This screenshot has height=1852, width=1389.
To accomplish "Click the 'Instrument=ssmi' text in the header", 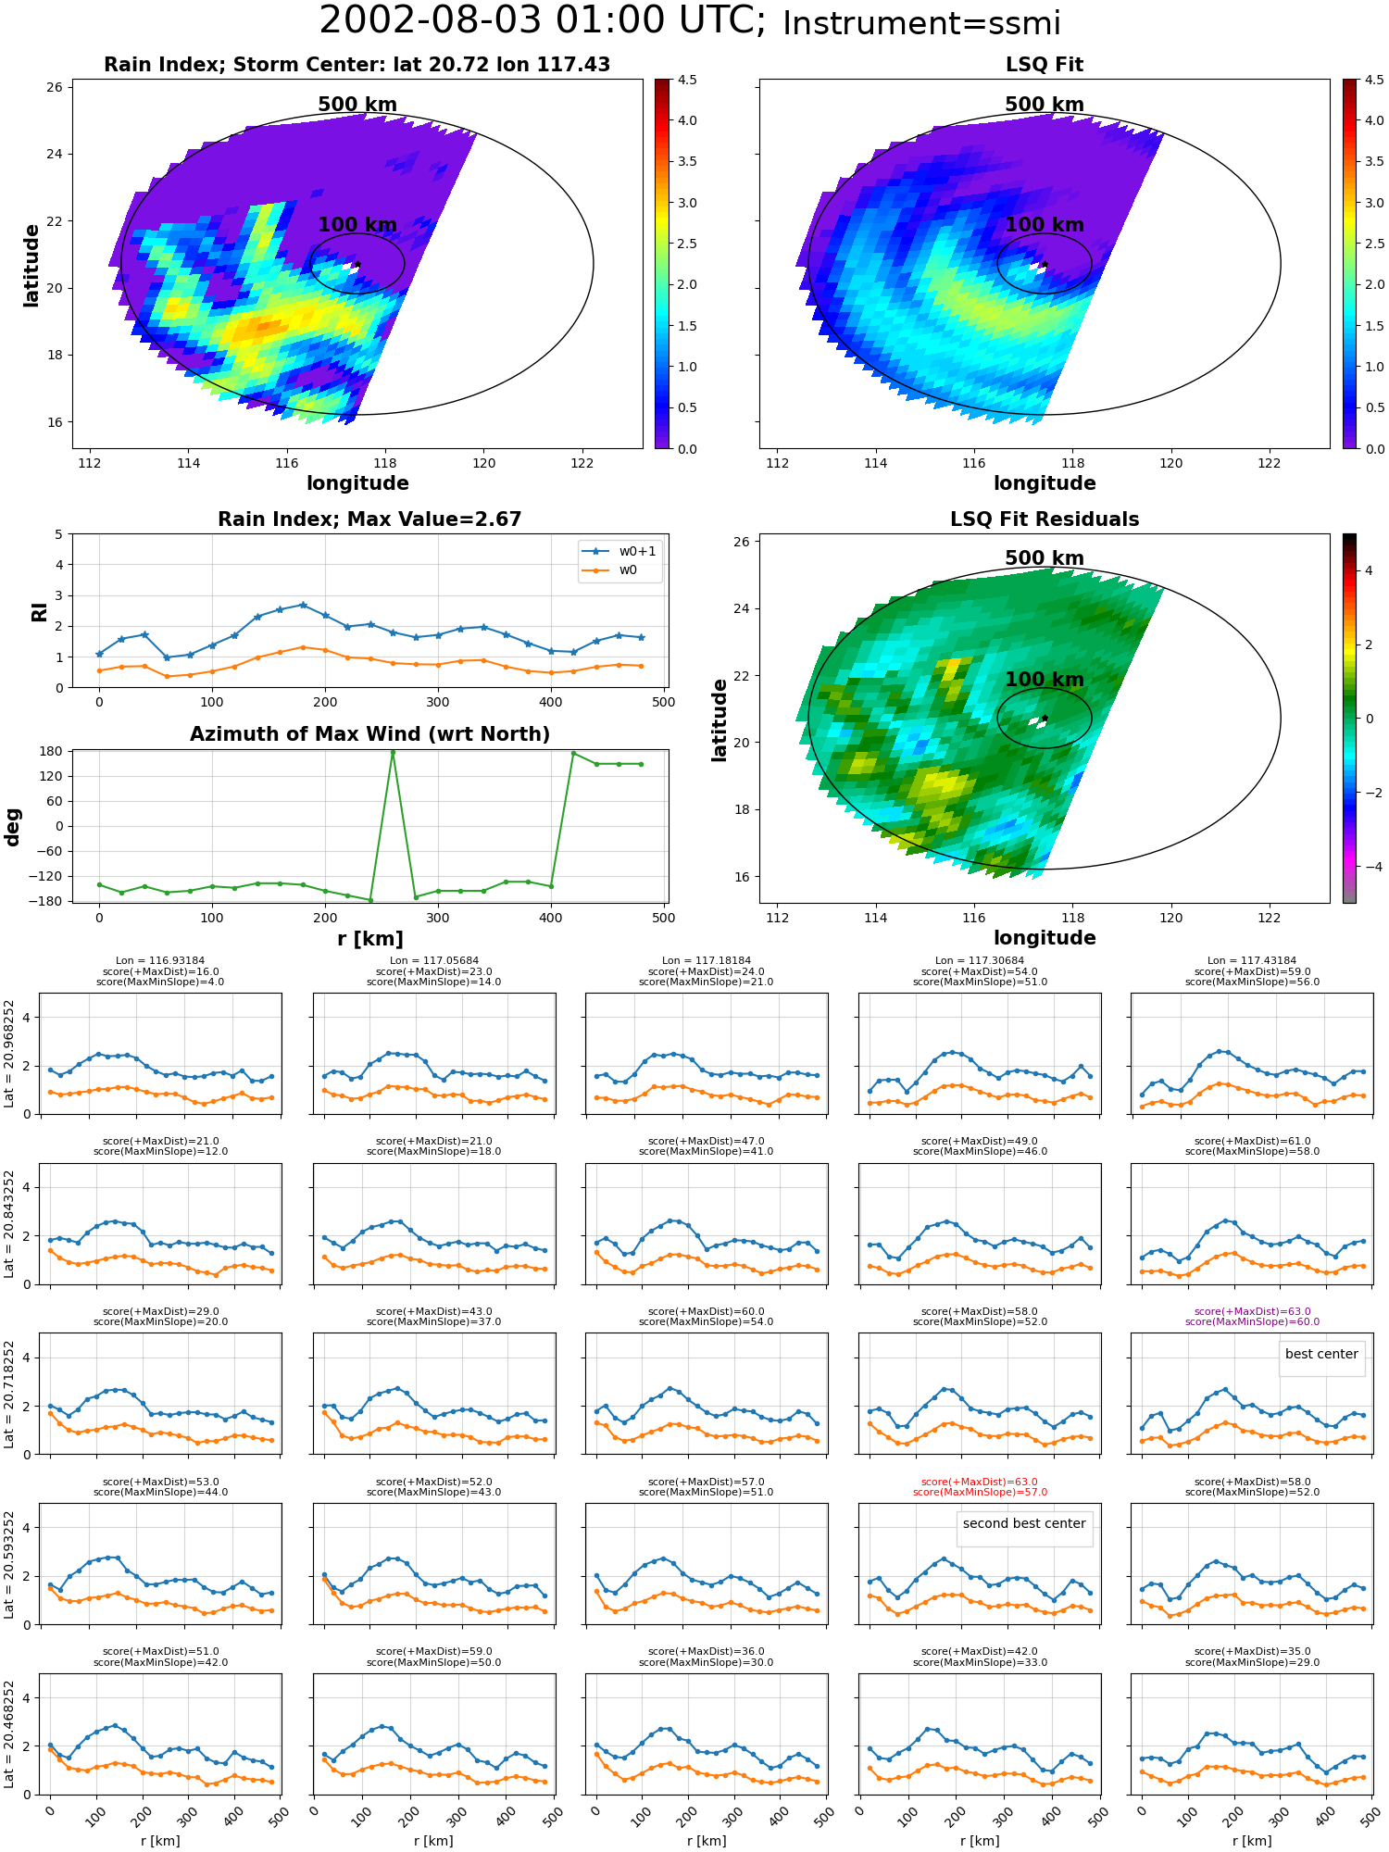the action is [921, 23].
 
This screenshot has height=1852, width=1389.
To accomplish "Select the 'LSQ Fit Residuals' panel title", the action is [1045, 519].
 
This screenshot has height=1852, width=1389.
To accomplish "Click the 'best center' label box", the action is [1321, 1354].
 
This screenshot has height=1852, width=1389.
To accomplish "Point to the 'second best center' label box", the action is [1024, 1523].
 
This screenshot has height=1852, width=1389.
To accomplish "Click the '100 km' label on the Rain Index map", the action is [357, 225].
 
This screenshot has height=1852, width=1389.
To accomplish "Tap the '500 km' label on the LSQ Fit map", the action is [1045, 105].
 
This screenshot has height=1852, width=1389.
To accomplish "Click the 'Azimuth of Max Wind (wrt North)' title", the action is [369, 734].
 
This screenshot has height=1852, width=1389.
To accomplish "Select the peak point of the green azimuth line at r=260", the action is [393, 752].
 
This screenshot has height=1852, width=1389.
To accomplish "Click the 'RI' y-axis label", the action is [39, 612].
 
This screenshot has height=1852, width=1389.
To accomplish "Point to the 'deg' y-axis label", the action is [12, 827].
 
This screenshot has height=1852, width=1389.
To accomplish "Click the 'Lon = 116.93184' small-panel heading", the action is [160, 961].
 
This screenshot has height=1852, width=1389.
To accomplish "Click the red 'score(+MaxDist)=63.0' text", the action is [980, 1482].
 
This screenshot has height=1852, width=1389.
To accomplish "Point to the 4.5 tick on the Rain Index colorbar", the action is [687, 80].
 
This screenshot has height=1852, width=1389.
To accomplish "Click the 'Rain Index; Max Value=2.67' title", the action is [369, 519].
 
